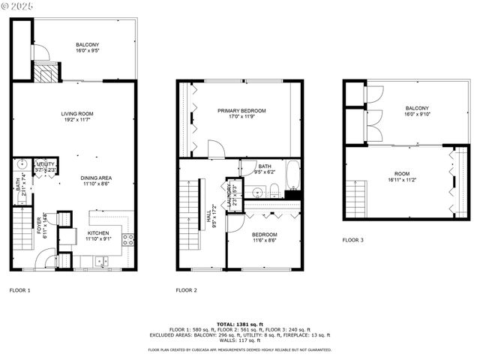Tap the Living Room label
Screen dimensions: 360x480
[77, 114]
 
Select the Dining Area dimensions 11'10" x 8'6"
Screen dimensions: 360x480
[97, 184]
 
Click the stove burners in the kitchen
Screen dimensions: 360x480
[128, 240]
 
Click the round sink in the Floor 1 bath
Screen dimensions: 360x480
[22, 163]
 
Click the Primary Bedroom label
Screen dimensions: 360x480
[241, 110]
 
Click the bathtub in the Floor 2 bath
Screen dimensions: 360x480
[292, 175]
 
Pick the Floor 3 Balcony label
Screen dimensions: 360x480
[417, 107]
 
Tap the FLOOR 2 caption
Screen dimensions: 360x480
[186, 289]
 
